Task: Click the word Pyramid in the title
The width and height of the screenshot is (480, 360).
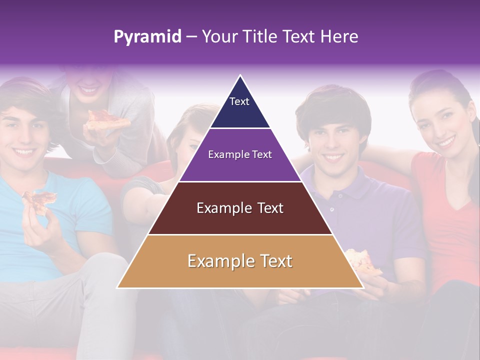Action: coord(147,37)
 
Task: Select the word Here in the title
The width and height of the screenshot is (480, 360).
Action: coord(339,36)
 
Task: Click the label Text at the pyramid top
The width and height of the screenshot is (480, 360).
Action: coord(239,101)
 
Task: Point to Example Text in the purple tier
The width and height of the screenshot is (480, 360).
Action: coord(240,154)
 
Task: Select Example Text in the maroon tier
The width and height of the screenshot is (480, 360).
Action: coord(240,208)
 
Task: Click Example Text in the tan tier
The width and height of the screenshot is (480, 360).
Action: coord(240,261)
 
